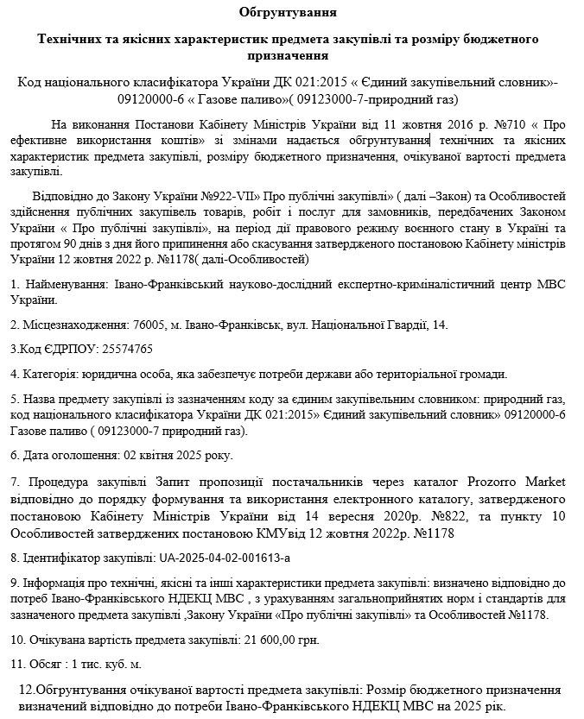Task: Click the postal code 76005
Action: click(x=149, y=325)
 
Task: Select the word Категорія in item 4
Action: click(x=48, y=374)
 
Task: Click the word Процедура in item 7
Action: click(x=59, y=480)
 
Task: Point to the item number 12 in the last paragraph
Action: click(x=26, y=690)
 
